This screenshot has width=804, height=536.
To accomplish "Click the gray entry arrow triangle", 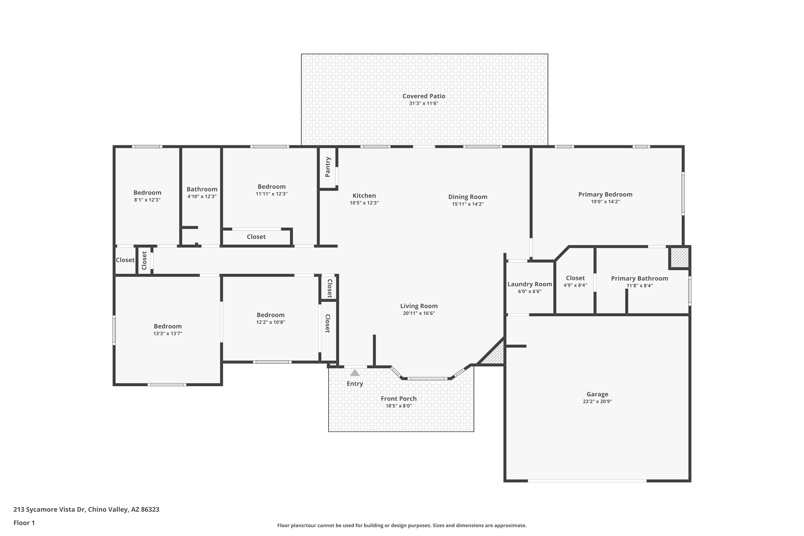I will tap(355, 373).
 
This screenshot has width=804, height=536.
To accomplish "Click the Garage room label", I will tap(597, 394).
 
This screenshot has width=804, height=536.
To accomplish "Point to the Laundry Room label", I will tap(530, 284).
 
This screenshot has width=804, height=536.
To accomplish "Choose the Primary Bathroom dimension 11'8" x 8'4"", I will tap(639, 286).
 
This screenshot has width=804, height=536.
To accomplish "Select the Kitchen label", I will tap(364, 196).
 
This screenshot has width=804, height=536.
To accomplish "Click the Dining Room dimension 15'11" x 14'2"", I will tap(468, 204).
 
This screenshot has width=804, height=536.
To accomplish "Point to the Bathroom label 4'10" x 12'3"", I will tap(202, 189).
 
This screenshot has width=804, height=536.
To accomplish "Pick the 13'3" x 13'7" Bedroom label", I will tap(167, 326).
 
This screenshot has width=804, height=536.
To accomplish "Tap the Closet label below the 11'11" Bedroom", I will tap(256, 237).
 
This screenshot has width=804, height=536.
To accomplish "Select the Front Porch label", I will tap(399, 399).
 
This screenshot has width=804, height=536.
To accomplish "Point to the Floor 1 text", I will tap(24, 523).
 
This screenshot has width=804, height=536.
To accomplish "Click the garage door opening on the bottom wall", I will tap(587, 481).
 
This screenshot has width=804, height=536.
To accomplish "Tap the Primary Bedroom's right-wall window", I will tap(683, 194).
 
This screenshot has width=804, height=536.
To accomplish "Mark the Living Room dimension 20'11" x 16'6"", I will tap(419, 313).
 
